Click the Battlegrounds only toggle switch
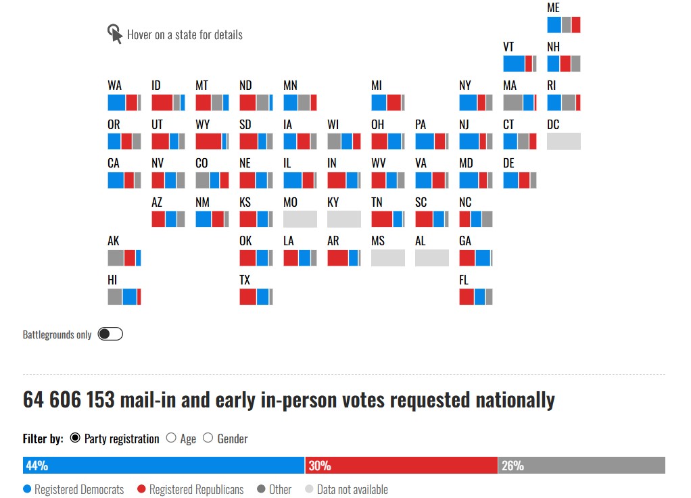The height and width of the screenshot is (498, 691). [x=110, y=334]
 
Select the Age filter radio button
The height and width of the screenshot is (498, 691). [x=171, y=439]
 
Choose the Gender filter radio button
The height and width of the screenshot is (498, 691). [x=208, y=439]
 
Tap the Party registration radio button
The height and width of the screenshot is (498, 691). [x=75, y=439]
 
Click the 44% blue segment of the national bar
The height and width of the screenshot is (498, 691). [x=164, y=466]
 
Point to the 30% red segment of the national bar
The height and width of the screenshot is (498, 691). [x=402, y=466]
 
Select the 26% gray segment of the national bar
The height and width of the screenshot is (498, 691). [x=581, y=466]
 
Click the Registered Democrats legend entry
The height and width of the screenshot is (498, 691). [x=74, y=489]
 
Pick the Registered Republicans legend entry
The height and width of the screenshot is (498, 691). [x=190, y=489]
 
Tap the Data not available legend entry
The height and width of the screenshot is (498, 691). [x=346, y=489]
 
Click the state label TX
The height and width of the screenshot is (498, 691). [x=245, y=280]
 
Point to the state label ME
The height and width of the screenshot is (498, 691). [x=553, y=8]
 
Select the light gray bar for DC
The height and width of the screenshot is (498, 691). [x=563, y=141]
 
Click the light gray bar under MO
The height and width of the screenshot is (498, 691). [x=300, y=219]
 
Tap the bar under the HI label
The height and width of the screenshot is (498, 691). [x=124, y=297]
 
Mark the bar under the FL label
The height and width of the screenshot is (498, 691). [x=475, y=297]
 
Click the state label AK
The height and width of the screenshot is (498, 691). [x=114, y=241]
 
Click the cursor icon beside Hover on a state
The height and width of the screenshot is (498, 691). [x=115, y=34]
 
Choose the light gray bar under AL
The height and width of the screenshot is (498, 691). [x=431, y=258]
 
